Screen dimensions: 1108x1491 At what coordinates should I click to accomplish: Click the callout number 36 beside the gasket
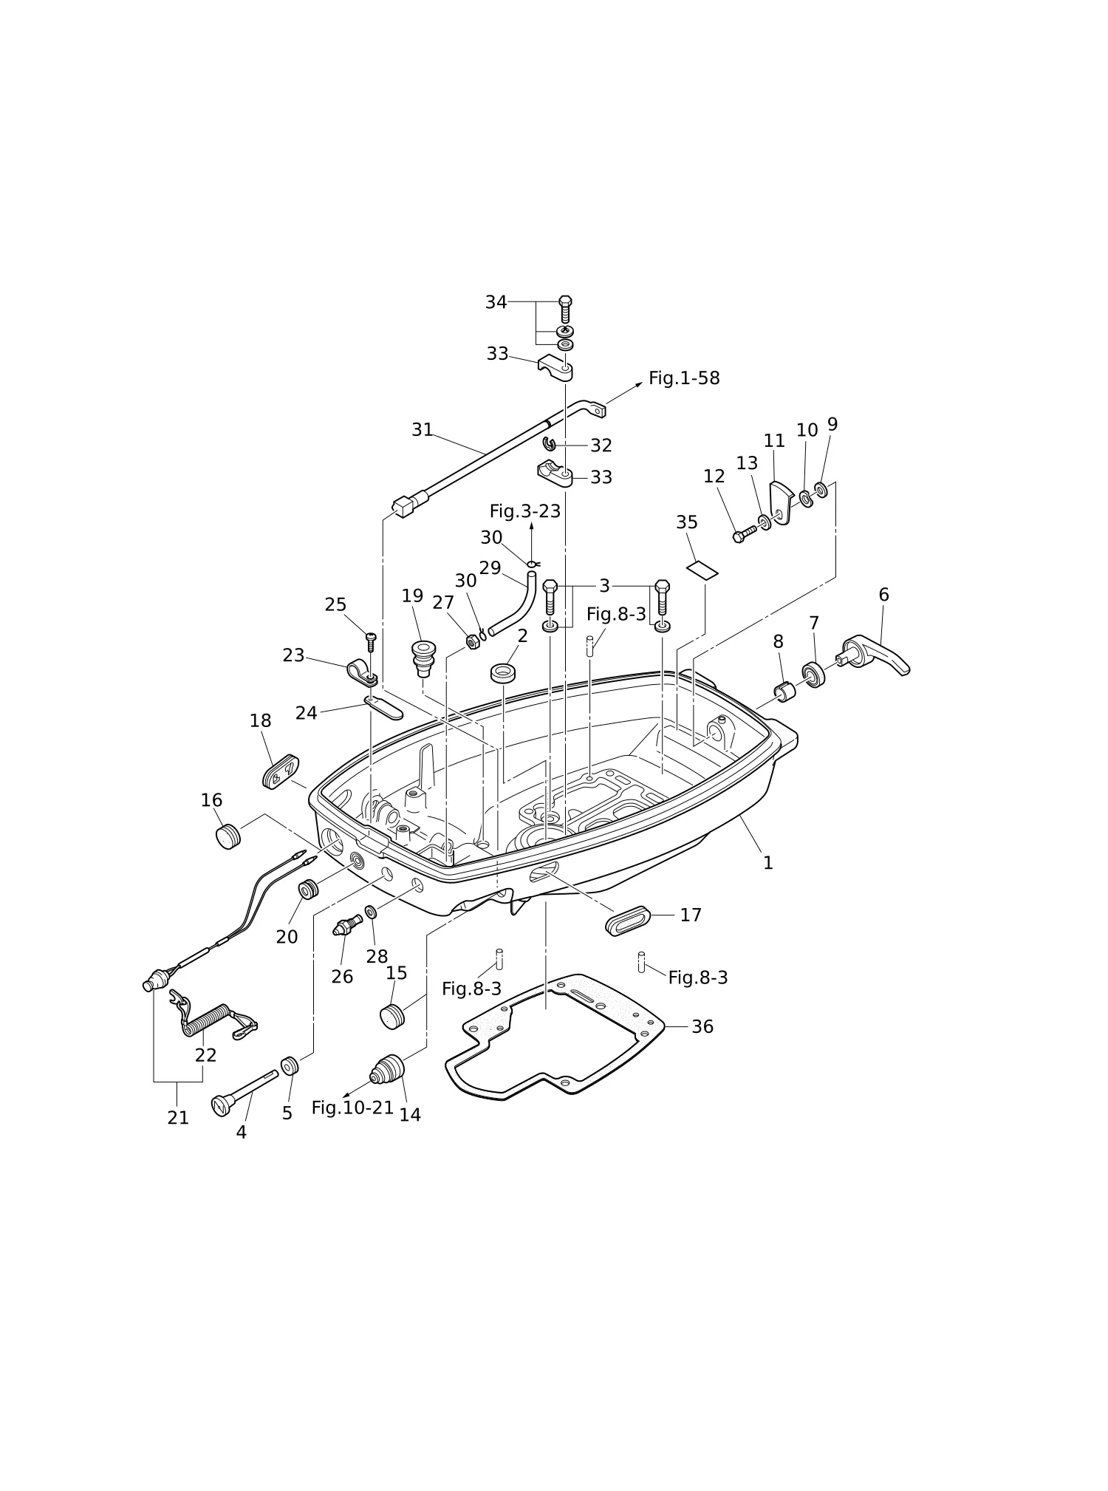(702, 1027)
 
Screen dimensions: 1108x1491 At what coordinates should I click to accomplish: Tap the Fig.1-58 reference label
(684, 378)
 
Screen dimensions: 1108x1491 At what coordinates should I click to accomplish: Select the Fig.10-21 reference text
(352, 1108)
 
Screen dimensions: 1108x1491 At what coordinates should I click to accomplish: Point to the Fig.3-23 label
(525, 511)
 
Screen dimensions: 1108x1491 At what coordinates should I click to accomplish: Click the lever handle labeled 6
(876, 655)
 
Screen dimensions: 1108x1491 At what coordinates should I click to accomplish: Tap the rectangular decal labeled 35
(702, 570)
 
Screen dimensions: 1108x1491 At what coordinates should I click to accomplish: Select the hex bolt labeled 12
(744, 533)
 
